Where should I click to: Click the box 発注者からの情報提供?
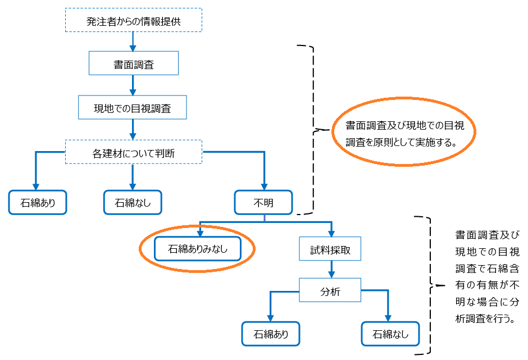(x=133, y=22)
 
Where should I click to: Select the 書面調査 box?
(x=133, y=63)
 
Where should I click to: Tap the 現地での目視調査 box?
(x=133, y=107)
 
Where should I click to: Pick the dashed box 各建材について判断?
(x=133, y=152)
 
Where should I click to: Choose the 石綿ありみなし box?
(x=198, y=249)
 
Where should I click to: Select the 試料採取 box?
(x=330, y=249)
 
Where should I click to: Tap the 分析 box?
(x=330, y=291)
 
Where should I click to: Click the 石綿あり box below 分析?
(x=271, y=334)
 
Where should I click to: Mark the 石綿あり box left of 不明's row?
(x=37, y=202)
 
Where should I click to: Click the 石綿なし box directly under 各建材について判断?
(x=133, y=202)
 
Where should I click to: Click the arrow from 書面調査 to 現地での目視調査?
(x=133, y=85)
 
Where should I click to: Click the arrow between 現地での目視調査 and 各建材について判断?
(x=133, y=129)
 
